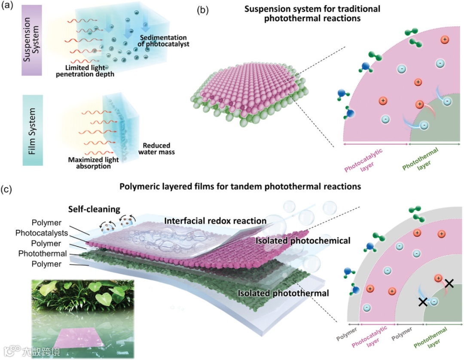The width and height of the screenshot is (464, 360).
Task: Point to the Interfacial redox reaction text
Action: [x=215, y=220]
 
